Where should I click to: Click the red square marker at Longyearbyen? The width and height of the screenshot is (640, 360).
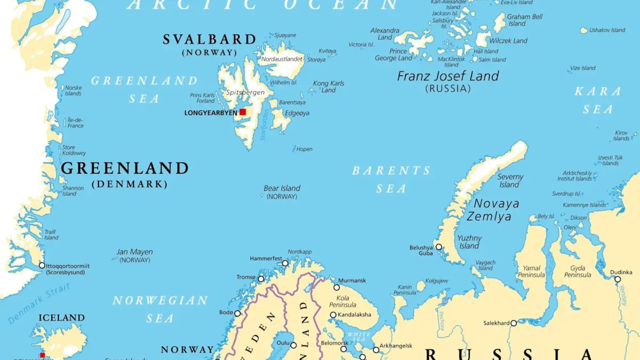243,112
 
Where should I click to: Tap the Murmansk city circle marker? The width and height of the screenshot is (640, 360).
337,287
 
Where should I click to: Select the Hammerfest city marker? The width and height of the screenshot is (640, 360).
285,263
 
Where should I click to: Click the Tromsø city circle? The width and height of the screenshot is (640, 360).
261,279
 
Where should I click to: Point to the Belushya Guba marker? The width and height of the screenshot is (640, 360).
438,247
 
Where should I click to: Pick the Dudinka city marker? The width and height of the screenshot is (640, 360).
618,279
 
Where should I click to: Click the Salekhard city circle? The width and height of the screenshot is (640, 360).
514,323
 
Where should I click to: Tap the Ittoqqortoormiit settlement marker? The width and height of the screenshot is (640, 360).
42,265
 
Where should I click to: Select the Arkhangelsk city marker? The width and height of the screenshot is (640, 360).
376,350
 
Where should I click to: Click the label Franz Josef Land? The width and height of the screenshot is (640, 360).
448,76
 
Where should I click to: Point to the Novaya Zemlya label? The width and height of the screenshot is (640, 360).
489,210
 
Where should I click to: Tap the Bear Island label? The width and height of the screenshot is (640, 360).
282,188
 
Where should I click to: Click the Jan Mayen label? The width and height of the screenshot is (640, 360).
134,252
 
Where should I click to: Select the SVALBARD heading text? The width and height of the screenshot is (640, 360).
210,39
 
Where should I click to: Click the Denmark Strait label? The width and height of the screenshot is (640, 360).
39,305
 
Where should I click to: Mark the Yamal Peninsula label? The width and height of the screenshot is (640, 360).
531,271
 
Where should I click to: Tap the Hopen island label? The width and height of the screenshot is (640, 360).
305,149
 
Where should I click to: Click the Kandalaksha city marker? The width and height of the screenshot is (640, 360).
333,315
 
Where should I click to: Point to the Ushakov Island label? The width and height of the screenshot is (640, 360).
607,30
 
